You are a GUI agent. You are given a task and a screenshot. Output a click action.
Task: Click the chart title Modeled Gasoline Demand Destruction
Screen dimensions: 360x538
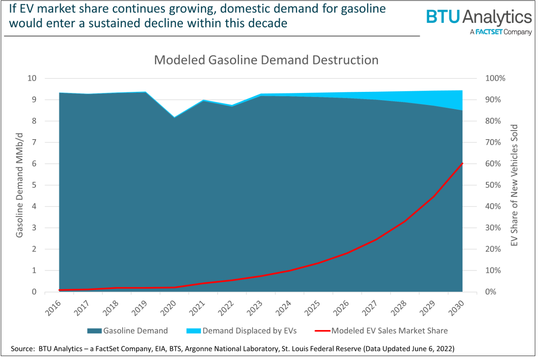coord(266,60)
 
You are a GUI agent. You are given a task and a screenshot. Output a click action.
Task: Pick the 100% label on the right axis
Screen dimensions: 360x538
coord(495,78)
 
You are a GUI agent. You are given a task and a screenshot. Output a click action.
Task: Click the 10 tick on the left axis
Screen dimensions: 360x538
coord(32,78)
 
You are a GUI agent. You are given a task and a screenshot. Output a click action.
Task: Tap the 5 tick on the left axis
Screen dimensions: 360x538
coord(34,185)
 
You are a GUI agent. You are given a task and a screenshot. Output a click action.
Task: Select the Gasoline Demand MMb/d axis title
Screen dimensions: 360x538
coord(19,185)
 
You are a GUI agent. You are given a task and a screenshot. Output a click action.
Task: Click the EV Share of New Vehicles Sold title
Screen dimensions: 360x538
coord(514,185)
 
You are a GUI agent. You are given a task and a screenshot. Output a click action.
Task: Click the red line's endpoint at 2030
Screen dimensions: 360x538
coord(462,163)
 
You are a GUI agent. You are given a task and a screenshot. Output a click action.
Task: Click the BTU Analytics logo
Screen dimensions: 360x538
coord(478,17)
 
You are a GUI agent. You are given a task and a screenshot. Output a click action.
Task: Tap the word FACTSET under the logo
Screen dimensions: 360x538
coord(489,32)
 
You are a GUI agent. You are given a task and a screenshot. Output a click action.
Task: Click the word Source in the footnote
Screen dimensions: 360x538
coord(23,349)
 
